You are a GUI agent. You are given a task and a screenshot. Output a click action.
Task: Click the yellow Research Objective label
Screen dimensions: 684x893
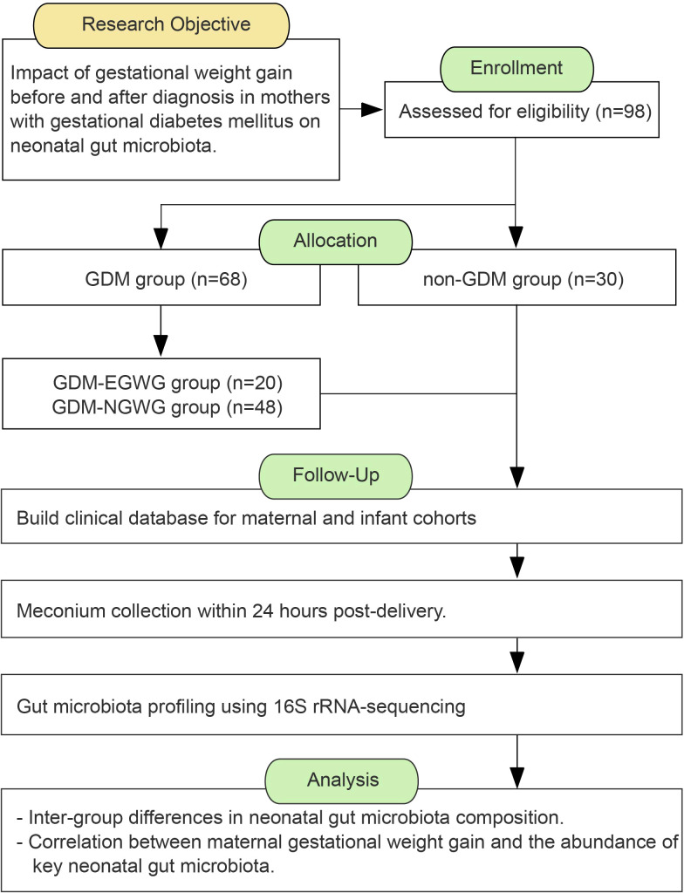pyautogui.click(x=166, y=24)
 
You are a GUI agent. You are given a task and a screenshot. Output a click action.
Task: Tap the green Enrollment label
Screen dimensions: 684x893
pyautogui.click(x=516, y=68)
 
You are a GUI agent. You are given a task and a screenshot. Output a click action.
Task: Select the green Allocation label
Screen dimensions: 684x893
pyautogui.click(x=335, y=241)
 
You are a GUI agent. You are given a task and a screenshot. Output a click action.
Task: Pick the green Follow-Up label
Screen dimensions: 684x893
pyautogui.click(x=335, y=475)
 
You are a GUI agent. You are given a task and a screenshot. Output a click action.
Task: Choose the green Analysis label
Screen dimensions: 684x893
pyautogui.click(x=342, y=780)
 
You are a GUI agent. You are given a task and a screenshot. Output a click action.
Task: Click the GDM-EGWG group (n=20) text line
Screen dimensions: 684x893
pyautogui.click(x=168, y=383)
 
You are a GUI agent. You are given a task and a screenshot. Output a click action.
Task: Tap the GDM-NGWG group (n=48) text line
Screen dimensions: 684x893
pyautogui.click(x=167, y=407)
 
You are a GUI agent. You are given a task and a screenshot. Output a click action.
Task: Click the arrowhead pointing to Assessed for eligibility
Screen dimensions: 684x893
pyautogui.click(x=372, y=110)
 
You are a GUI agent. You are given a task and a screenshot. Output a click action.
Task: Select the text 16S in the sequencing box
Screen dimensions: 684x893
pyautogui.click(x=284, y=706)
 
